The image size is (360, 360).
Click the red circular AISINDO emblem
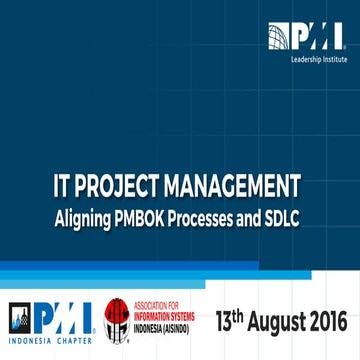[117, 322]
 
